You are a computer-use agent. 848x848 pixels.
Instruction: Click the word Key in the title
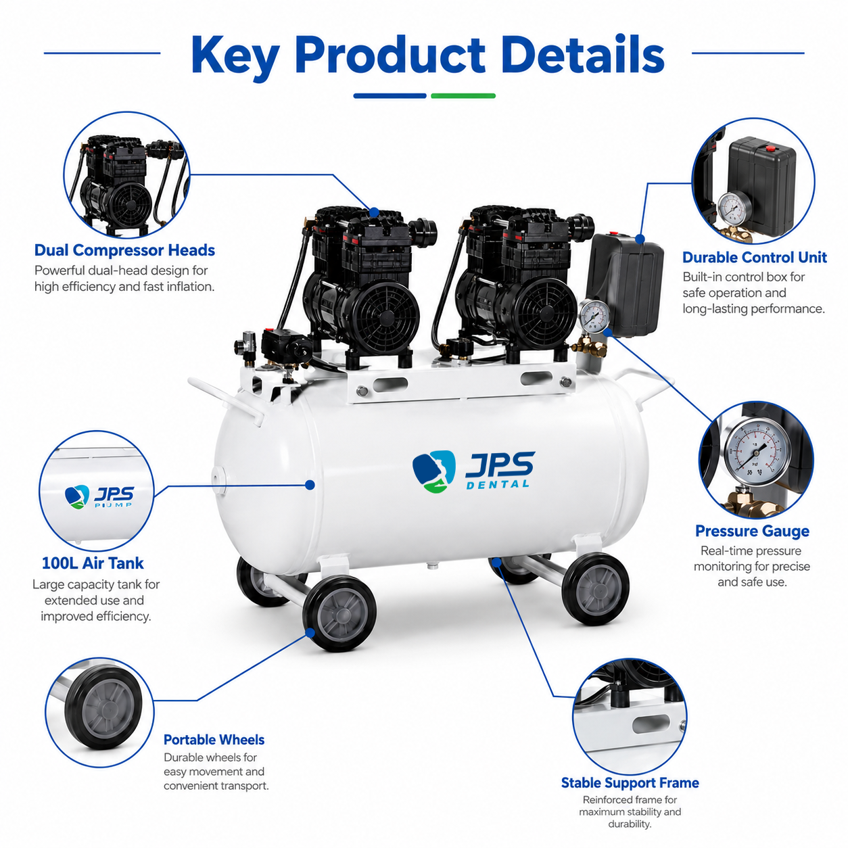tap(235, 56)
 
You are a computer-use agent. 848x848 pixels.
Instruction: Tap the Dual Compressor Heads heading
tap(124, 250)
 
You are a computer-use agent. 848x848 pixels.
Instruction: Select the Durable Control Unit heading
tap(754, 257)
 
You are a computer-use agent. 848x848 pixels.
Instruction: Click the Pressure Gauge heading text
tap(752, 531)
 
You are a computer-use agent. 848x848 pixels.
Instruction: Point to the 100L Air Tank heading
tap(93, 563)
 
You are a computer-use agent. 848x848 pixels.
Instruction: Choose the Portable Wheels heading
tap(214, 739)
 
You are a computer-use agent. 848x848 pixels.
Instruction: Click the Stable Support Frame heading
tap(630, 782)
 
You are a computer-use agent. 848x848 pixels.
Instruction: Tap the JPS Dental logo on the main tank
tap(474, 471)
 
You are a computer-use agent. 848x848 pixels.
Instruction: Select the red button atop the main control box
tap(613, 233)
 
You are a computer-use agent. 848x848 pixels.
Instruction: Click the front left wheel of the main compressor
tap(339, 613)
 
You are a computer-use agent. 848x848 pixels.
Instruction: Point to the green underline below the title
tap(463, 95)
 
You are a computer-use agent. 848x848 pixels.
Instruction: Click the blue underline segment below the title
tap(390, 95)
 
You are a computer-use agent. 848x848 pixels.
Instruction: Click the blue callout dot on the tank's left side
tap(310, 485)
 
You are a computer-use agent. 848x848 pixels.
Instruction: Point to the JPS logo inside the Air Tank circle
tap(99, 497)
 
